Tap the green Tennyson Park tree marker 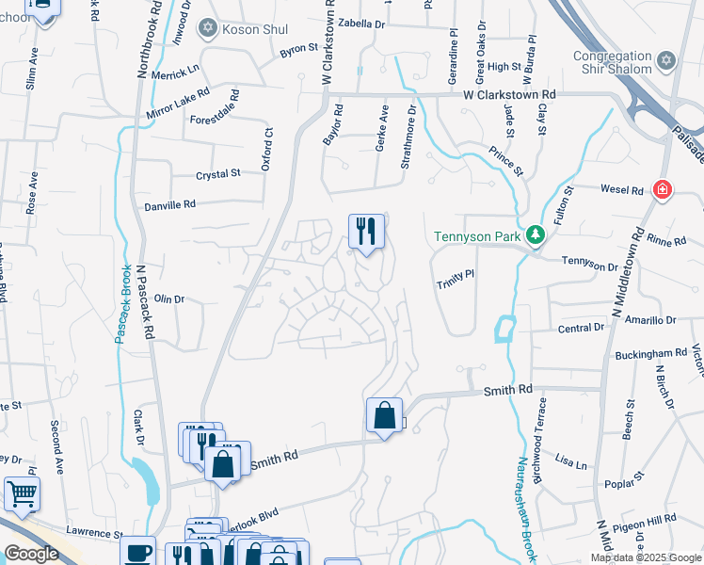coord(535,234)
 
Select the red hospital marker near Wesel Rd coord(664,190)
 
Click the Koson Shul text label coord(255,29)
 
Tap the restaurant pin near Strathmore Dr coord(366,231)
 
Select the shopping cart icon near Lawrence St coord(22,492)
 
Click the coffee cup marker coord(140,551)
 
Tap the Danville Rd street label coord(169,204)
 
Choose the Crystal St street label coord(218,174)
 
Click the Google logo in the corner coord(31,554)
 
